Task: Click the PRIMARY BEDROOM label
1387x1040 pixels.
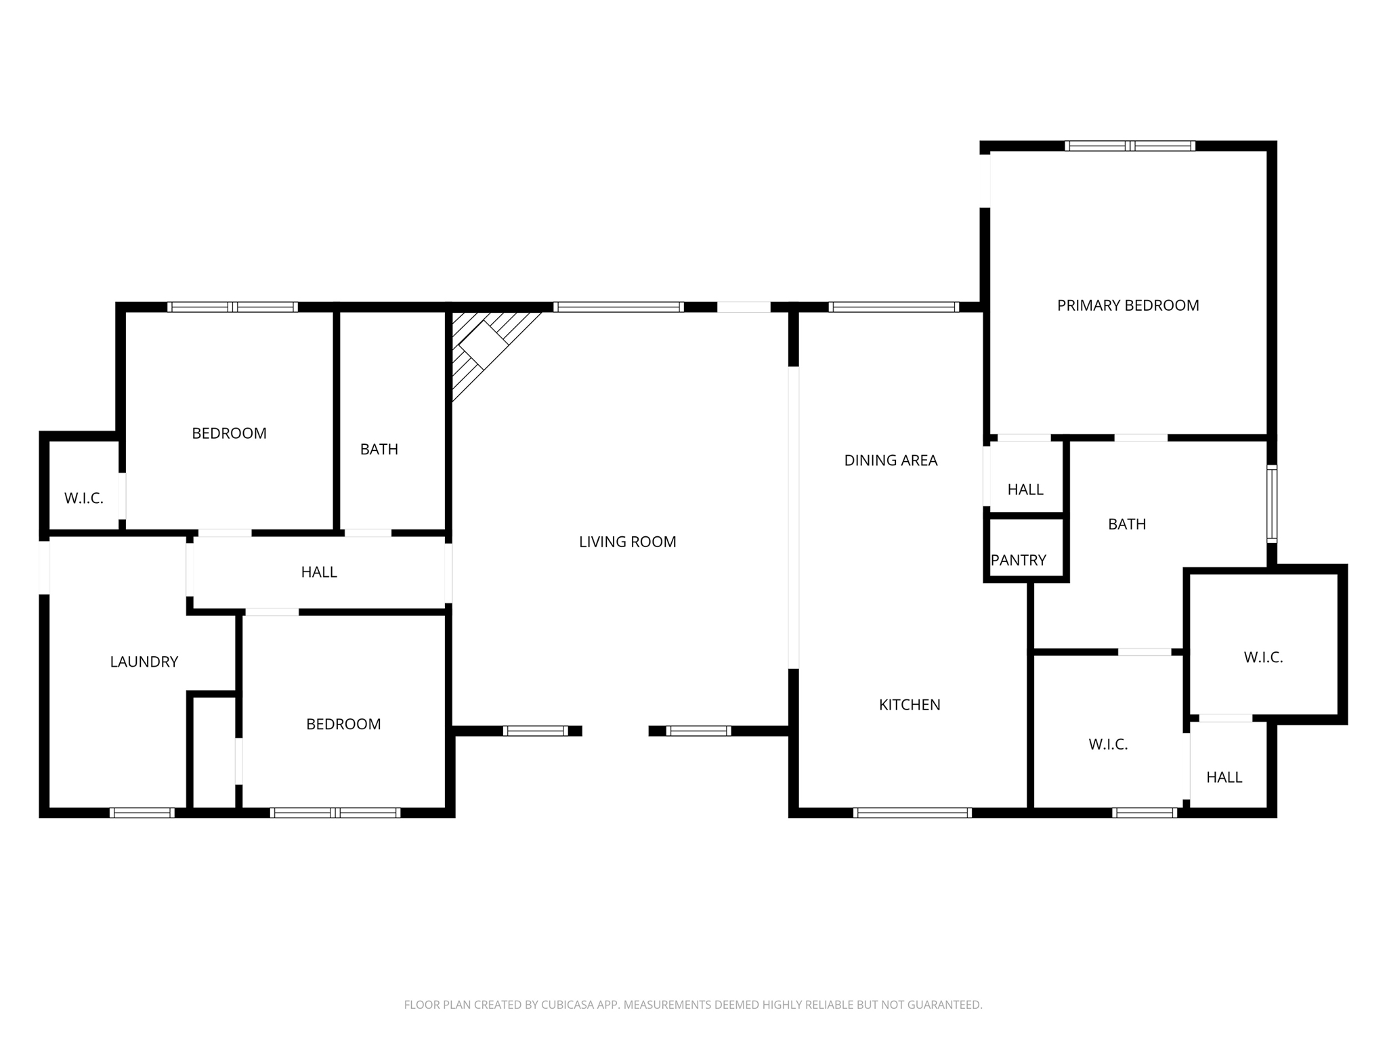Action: click(1128, 305)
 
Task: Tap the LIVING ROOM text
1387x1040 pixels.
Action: click(627, 542)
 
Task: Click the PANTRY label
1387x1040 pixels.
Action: click(1018, 560)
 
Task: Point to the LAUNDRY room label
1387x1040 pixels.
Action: click(144, 662)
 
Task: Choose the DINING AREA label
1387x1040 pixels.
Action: click(891, 460)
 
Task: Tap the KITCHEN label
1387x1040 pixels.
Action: click(909, 705)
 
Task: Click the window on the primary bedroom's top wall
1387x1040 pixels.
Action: click(1129, 146)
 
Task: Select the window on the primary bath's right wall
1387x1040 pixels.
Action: click(1271, 504)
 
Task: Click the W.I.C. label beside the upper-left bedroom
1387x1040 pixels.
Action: click(84, 498)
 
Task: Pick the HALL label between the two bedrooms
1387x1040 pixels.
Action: click(319, 572)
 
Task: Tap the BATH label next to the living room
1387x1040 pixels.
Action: click(379, 449)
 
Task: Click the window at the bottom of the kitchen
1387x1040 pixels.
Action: click(912, 812)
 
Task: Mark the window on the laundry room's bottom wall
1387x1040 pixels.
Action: click(142, 812)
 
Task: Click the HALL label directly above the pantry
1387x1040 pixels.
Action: click(1025, 490)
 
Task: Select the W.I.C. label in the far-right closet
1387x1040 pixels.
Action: click(1263, 657)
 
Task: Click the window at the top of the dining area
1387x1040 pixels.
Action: click(893, 307)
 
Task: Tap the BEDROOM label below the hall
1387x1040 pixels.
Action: click(343, 724)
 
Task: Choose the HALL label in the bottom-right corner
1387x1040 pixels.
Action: click(1224, 777)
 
